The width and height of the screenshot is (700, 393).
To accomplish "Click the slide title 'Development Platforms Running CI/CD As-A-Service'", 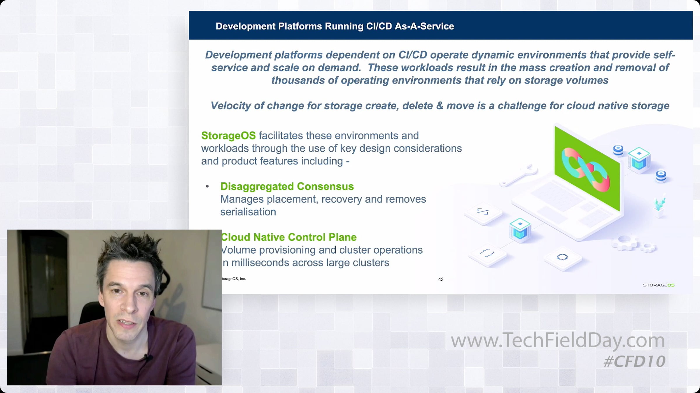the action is (335, 26).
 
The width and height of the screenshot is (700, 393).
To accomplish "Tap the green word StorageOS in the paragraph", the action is (228, 136).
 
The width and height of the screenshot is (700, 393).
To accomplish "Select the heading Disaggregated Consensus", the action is (287, 186).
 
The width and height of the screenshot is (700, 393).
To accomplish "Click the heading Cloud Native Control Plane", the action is (289, 237).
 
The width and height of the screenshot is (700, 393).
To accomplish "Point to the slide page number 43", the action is (441, 279).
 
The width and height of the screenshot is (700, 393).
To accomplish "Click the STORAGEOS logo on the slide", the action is (659, 285).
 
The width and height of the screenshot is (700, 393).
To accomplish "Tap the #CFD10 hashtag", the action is (635, 362).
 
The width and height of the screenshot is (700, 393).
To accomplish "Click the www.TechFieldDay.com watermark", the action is (558, 341).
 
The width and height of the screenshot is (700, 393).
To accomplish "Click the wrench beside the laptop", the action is (519, 176).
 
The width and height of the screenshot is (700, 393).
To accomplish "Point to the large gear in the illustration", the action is (624, 243).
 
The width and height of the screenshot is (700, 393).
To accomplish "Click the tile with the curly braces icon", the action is (487, 254).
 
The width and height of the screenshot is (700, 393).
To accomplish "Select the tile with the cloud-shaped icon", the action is (562, 258).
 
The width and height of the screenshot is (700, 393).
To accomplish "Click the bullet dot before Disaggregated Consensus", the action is (207, 186).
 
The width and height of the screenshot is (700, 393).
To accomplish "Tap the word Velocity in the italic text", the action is (231, 106).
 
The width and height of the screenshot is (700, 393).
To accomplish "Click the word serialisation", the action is (248, 212).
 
